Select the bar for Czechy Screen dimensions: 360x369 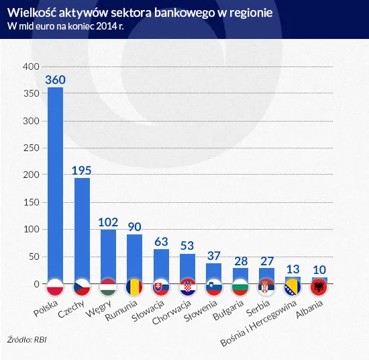(82, 228)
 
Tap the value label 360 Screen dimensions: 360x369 (54, 79)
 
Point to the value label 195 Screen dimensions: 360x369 (82, 169)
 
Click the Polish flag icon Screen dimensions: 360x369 (54, 287)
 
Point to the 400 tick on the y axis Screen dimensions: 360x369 (31, 67)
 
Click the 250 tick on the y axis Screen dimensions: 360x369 (31, 148)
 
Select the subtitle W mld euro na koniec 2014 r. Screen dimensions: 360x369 (66, 26)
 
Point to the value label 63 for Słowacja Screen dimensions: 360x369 (161, 241)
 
